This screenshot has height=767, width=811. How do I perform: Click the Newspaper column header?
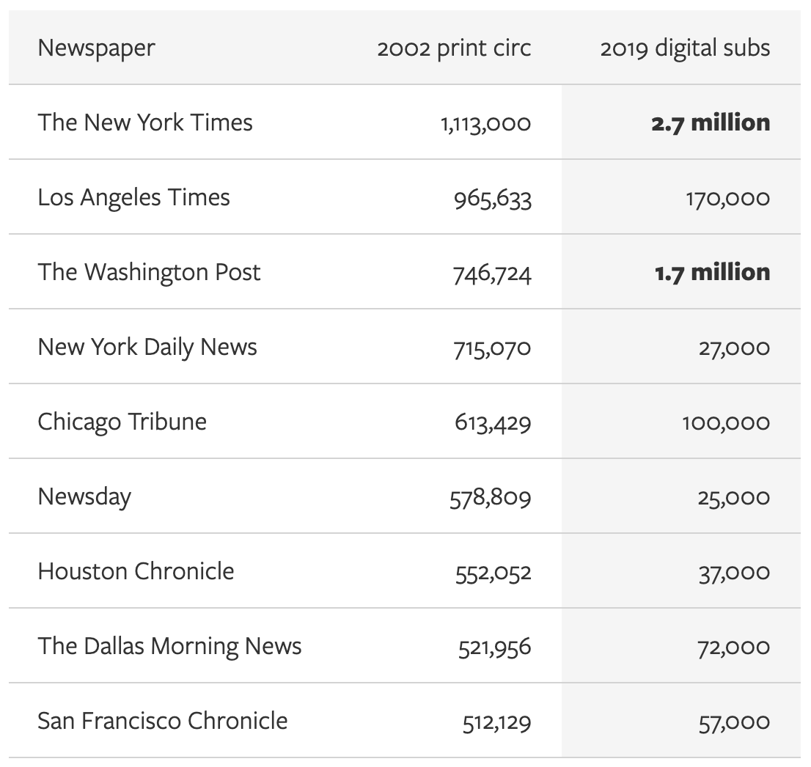pos(96,48)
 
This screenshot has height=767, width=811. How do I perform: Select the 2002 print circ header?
pos(454,48)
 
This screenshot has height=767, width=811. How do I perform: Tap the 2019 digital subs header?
pos(685,48)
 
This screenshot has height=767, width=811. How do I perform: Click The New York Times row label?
pos(145,122)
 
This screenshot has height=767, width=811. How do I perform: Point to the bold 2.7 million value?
pos(711,122)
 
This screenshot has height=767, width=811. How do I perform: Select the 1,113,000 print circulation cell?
pos(485,124)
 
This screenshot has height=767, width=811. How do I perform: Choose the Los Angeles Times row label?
pos(133,197)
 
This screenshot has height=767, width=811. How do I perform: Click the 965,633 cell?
pos(492,199)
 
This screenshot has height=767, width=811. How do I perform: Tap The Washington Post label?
pos(149,272)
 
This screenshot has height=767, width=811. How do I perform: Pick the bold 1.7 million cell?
pos(712,272)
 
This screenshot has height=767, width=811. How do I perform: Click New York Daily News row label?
pos(147,347)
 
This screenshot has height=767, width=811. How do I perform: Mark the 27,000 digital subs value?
pos(734,348)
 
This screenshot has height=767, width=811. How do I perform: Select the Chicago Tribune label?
pos(122,422)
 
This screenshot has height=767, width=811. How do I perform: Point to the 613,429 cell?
pos(492,423)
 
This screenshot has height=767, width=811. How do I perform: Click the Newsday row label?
pos(84,496)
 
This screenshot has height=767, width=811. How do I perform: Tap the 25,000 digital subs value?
pos(733,498)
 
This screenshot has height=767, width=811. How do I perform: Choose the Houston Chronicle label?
pos(136,571)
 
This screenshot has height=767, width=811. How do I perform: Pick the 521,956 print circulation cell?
pos(494,647)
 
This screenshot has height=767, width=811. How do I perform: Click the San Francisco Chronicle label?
pos(162,721)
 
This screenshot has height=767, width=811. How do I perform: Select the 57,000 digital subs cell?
pos(734,722)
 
